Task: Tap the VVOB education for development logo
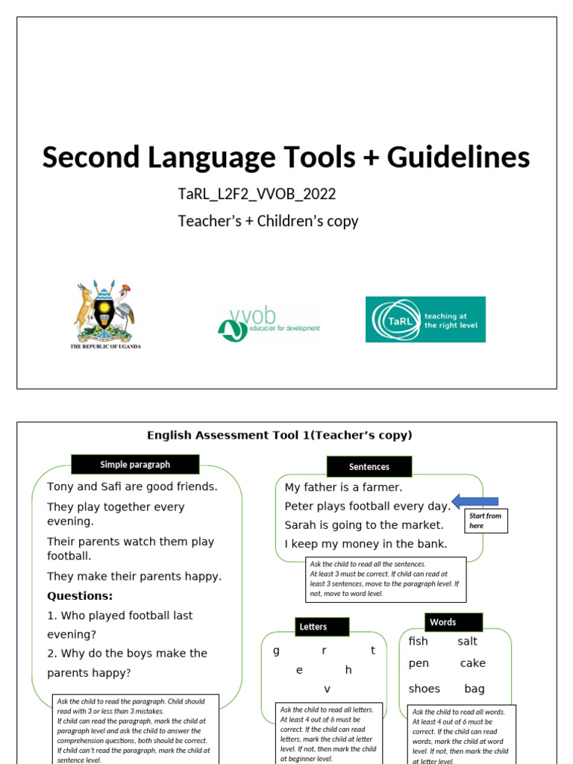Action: [269, 323]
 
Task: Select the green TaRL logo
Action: [425, 319]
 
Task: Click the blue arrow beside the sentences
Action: [475, 501]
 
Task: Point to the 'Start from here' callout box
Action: [486, 521]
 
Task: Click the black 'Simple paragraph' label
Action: [135, 465]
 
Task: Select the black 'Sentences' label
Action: [369, 467]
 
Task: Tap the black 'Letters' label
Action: [313, 627]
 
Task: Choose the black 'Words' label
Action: [442, 622]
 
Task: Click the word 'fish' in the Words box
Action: [419, 642]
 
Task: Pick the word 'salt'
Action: [468, 642]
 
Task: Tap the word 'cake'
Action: [473, 663]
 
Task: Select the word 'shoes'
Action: [425, 689]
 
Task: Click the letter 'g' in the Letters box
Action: [276, 650]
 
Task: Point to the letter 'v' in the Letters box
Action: [327, 689]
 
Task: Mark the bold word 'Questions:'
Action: [80, 595]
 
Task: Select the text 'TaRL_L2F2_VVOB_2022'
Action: [257, 194]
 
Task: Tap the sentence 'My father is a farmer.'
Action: [343, 487]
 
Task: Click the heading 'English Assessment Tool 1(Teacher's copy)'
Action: [279, 435]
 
